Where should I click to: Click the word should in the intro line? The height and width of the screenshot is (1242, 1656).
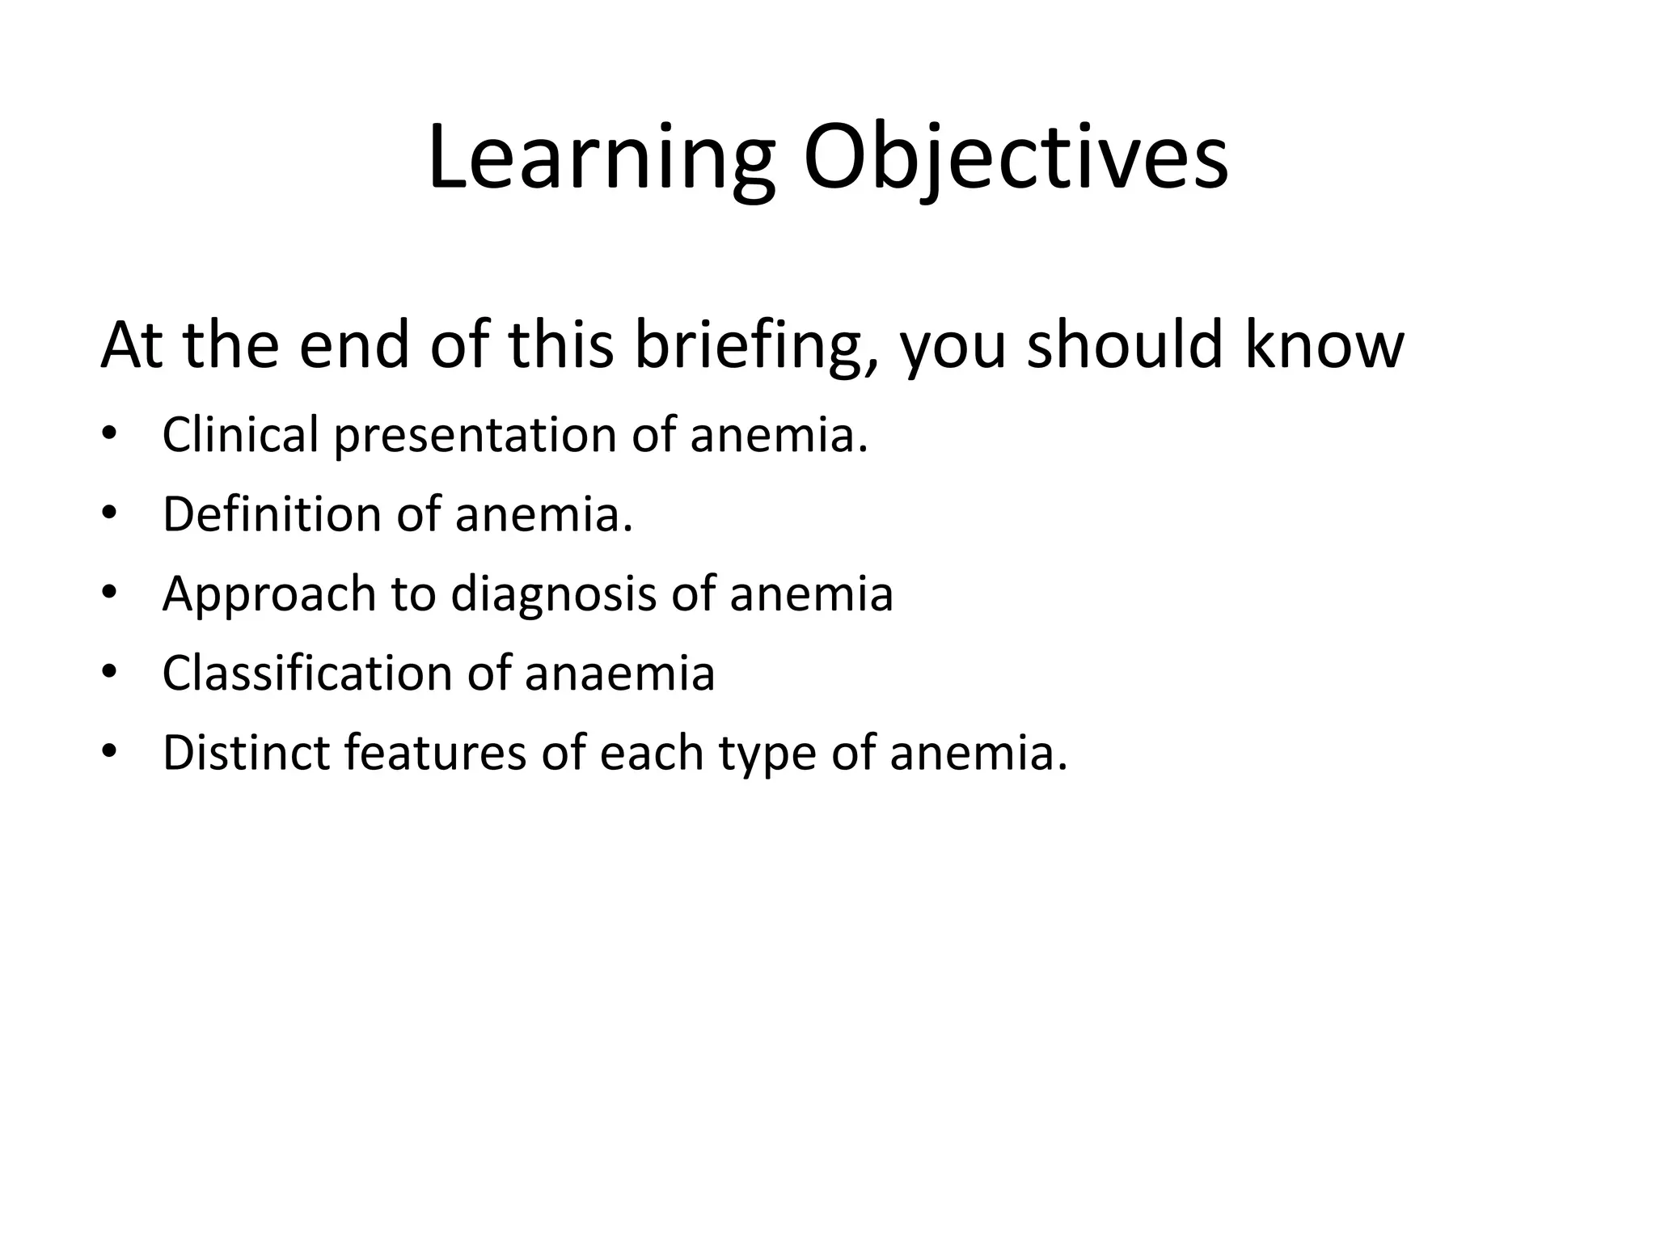tap(1125, 345)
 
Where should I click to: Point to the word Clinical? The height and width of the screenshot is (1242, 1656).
tap(240, 434)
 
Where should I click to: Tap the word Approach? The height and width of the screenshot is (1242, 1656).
tap(269, 595)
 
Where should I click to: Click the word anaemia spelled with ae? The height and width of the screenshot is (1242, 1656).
tap(619, 674)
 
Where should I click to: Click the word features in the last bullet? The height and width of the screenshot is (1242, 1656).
tap(435, 753)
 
